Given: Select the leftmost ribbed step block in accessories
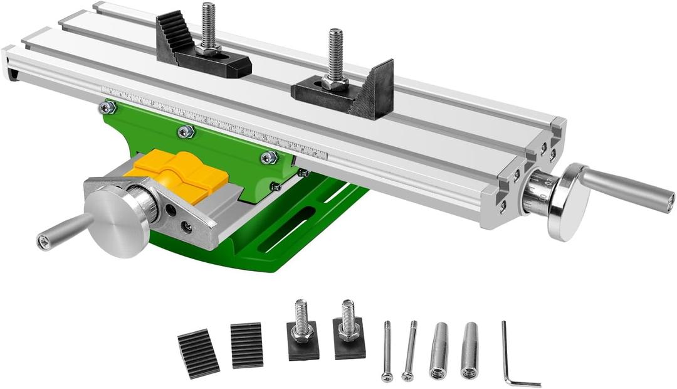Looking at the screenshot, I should [x=198, y=353].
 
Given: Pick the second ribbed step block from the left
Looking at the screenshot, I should [x=246, y=344].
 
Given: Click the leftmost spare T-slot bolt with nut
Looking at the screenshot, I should [x=303, y=333].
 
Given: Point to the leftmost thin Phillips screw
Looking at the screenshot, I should [x=387, y=351].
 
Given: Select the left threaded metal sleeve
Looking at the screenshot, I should [x=439, y=350].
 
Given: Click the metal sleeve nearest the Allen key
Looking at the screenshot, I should [x=470, y=350].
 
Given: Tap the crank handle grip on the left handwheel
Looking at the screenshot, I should [x=63, y=232].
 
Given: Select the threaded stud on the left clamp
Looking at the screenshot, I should [x=208, y=26].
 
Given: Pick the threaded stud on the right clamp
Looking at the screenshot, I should [x=336, y=53].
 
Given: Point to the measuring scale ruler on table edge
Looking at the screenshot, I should [x=213, y=119].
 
